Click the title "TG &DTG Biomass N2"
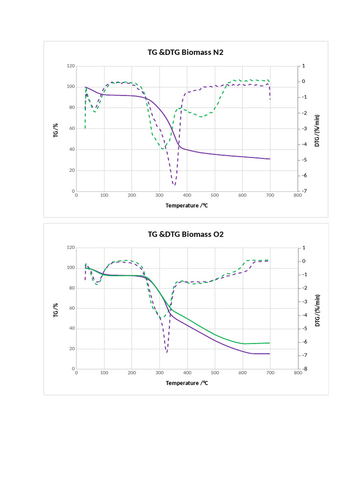tap(186, 52)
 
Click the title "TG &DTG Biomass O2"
tap(186, 234)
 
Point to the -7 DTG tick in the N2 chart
tap(305, 191)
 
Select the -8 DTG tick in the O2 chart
tap(305, 369)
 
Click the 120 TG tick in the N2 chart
tap(71, 66)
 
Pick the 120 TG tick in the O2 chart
tap(71, 247)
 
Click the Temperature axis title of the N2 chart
tap(187, 205)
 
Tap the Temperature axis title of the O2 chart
tap(187, 383)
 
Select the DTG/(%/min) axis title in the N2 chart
tap(317, 129)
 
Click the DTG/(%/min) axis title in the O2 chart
tap(317, 310)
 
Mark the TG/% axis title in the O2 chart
tap(56, 310)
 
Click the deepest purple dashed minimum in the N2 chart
tap(174, 185)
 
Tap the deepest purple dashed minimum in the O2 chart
tap(166, 352)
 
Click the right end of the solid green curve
tap(270, 343)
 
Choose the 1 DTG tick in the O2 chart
tap(304, 247)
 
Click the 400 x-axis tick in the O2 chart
tap(187, 374)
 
